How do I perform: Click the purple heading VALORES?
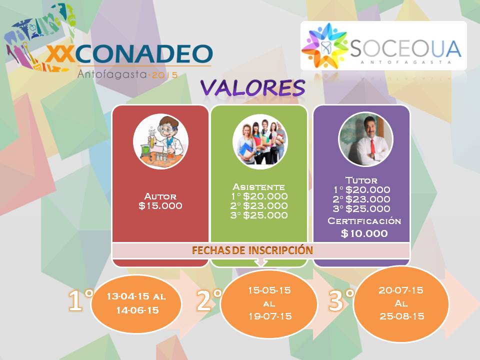point(253,87)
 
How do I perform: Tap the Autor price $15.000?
point(160,205)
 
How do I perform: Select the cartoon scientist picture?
point(160,141)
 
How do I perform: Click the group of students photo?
point(260,141)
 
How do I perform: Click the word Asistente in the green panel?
point(258,186)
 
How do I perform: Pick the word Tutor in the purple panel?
point(361,180)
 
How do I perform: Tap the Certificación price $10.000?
point(364,233)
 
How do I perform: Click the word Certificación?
point(364,220)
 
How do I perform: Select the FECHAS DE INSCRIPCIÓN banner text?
point(252,250)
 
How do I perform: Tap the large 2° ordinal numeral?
point(209,300)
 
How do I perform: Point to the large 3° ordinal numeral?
point(341,300)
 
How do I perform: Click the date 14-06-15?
point(137,310)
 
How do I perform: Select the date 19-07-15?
point(270,316)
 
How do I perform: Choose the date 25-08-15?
point(402,316)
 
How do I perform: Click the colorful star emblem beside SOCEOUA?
point(325,45)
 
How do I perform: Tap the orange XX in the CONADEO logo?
point(60,53)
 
